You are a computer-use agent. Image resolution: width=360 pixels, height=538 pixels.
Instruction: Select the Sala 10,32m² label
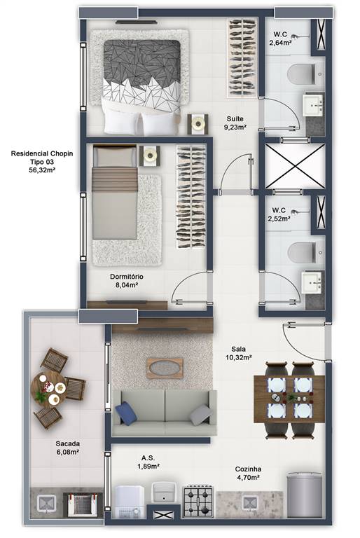[x=239, y=353]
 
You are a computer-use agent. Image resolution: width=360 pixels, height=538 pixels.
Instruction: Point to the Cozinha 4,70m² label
[x=248, y=473]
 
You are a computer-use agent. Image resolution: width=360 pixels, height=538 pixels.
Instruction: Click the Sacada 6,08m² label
[x=68, y=448]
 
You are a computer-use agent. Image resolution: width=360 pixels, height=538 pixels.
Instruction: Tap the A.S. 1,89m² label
[x=148, y=462]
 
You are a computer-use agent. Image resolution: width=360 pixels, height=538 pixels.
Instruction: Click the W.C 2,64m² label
[x=280, y=39]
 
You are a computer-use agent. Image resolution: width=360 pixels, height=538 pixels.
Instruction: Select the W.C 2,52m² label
[x=279, y=214]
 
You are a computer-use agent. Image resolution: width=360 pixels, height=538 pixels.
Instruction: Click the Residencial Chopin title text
[x=42, y=153]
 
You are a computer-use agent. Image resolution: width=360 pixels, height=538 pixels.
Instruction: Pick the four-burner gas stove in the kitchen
[x=198, y=502]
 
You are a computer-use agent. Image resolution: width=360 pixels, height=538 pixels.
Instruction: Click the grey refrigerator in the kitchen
[x=305, y=495]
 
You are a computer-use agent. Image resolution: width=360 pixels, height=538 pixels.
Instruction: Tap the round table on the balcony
[x=48, y=388]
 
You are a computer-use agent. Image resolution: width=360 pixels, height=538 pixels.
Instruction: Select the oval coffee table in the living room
[x=165, y=368]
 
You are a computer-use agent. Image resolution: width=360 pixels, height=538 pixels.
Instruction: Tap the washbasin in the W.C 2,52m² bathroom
[x=312, y=282]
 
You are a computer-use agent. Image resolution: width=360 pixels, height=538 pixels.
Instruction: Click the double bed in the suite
[x=141, y=87]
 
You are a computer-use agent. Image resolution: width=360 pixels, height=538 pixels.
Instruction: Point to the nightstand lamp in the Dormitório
[x=150, y=155]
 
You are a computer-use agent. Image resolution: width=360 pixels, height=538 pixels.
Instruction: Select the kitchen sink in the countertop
[x=249, y=503]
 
